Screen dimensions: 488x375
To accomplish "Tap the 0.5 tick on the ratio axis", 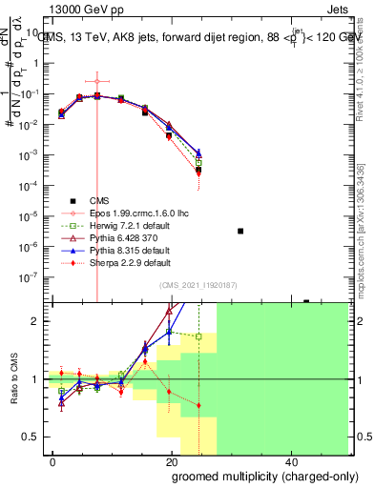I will (x=36, y=437).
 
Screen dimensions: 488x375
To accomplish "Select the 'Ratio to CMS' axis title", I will (x=13, y=378).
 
